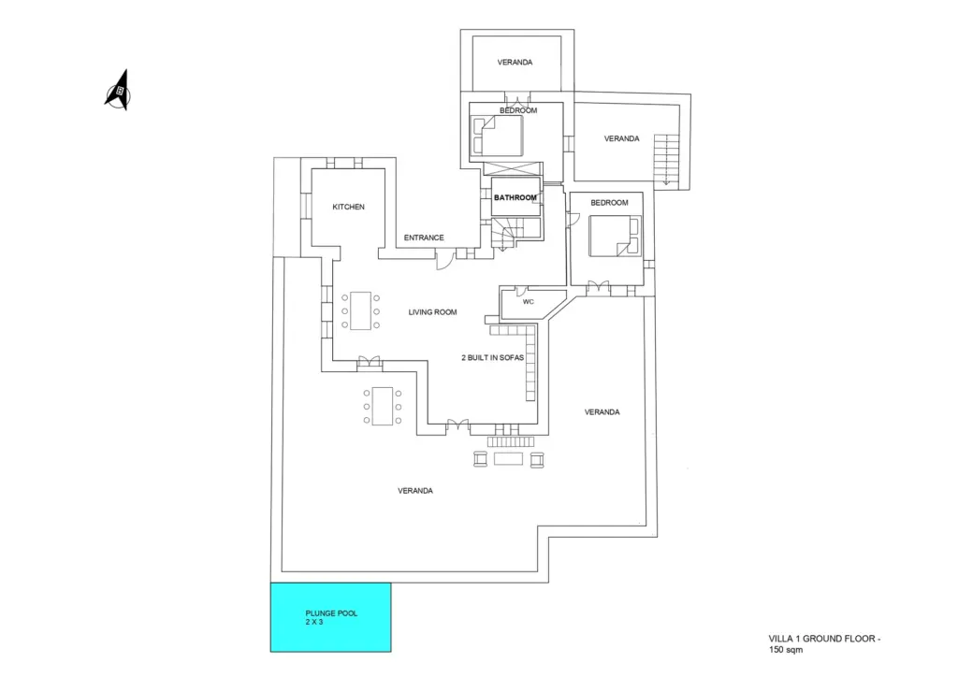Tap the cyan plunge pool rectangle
330,617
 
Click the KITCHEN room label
348,207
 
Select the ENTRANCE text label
424,238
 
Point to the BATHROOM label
515,197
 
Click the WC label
528,302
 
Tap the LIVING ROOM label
431,312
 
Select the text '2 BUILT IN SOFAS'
493,357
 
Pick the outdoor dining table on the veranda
382,407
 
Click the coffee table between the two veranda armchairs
509,459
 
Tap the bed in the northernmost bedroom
499,137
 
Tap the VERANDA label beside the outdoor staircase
621,138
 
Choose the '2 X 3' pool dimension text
313,622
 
